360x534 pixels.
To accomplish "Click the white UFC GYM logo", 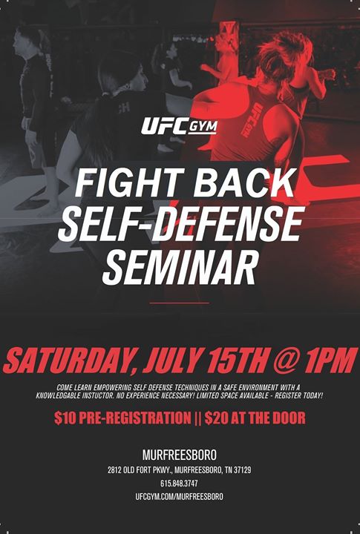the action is (179, 126).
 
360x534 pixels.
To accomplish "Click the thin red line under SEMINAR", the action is (180, 303).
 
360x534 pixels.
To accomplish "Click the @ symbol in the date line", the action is (286, 361).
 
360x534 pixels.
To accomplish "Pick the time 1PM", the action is (331, 360).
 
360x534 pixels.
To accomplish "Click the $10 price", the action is (65, 418).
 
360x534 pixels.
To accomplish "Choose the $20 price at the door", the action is (215, 418).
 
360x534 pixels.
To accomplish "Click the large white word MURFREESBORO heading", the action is (180, 455).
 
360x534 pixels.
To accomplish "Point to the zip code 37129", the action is (243, 470).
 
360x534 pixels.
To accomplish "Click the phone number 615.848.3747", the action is (179, 484).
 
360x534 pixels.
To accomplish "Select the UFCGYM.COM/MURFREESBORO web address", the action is (179, 496).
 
